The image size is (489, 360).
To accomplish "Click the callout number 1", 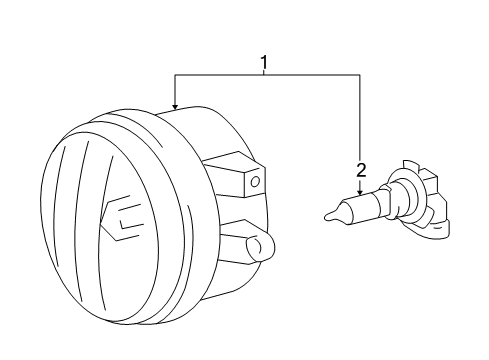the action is pos(265,65).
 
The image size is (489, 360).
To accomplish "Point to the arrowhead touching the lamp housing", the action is pos(174,106).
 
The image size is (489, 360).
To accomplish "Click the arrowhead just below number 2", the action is pos(358,191).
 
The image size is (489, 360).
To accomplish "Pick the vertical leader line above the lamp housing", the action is pos(174,90).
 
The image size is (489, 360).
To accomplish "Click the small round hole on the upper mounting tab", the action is pos(254,181).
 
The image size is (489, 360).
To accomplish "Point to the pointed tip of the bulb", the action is pos(327,213).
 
